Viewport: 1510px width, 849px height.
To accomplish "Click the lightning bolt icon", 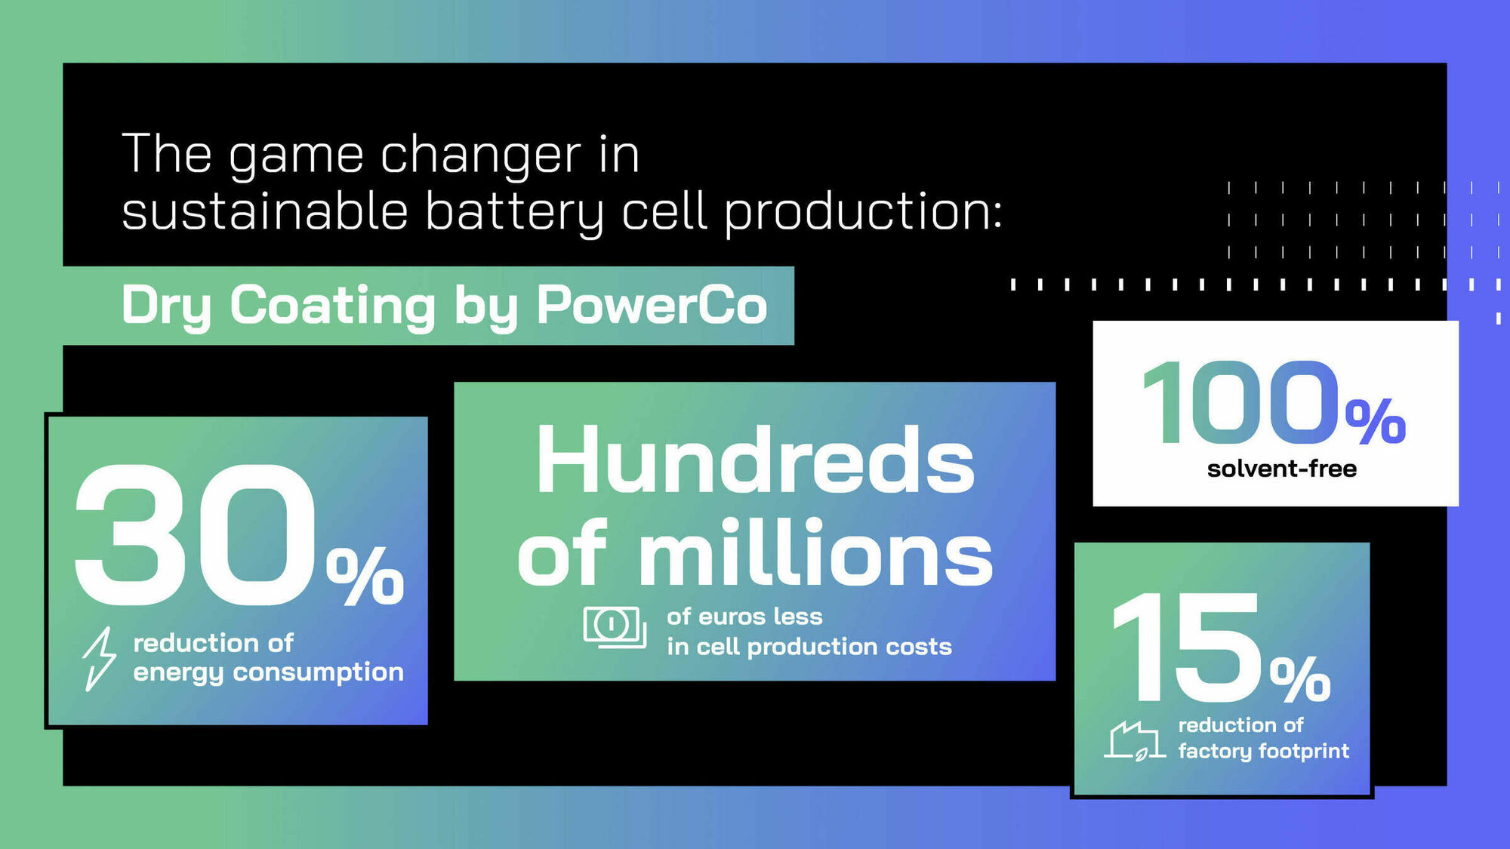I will point(99,659).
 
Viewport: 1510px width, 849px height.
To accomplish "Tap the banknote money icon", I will point(614,626).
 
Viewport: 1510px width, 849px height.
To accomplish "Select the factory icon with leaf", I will point(1134,740).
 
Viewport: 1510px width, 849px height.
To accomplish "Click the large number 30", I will point(195,535).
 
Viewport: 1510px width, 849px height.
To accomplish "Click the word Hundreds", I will point(755,460).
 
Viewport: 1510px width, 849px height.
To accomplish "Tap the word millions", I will point(815,554).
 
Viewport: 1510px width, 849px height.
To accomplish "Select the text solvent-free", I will point(1281,469).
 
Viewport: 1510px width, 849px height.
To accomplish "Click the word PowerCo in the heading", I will point(652,305).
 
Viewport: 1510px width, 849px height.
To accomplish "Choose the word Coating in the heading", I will point(332,306).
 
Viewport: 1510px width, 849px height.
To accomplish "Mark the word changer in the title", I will point(481,155).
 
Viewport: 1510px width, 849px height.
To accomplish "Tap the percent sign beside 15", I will point(1300,678).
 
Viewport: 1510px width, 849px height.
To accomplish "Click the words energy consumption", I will point(268,672).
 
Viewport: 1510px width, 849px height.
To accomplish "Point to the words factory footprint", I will point(1263,751).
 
